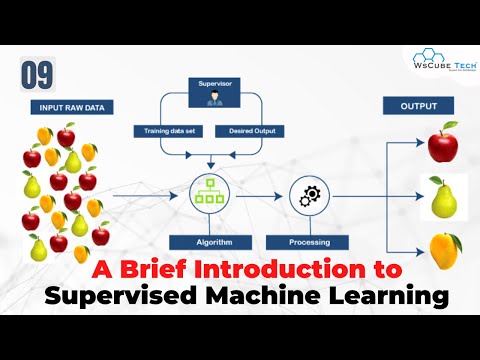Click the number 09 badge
[x=35, y=74]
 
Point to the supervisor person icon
[x=211, y=103]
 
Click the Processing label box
[x=307, y=242]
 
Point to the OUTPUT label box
[x=418, y=105]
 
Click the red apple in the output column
[x=441, y=143]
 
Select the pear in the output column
[x=442, y=198]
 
